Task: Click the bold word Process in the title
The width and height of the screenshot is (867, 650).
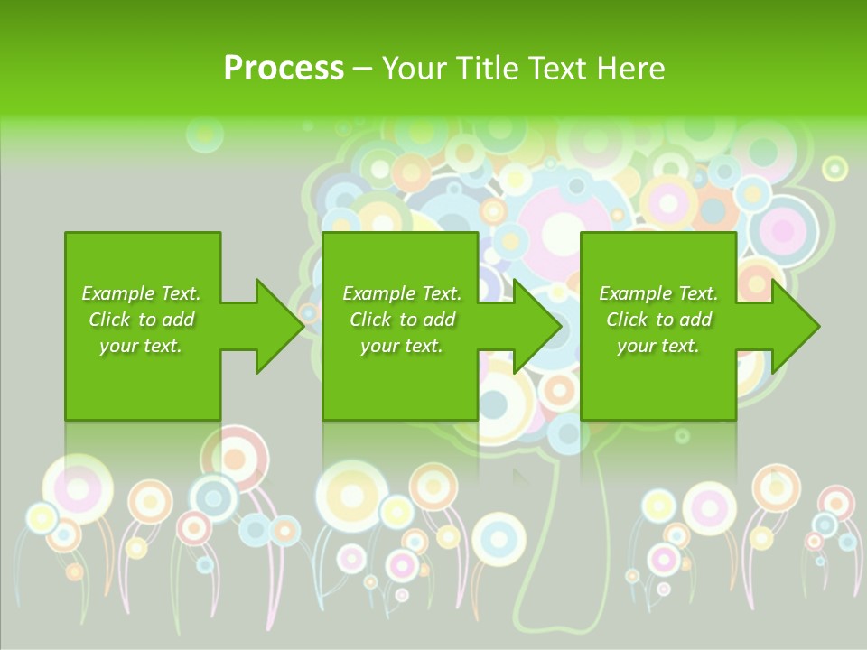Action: (x=284, y=69)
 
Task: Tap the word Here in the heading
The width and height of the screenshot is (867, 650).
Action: (x=631, y=69)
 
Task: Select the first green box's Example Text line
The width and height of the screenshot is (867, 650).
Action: (x=141, y=293)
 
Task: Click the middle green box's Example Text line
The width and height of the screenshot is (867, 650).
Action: (x=402, y=293)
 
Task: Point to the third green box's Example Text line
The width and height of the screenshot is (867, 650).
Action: (x=658, y=293)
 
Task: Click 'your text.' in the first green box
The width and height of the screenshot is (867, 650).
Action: (x=141, y=346)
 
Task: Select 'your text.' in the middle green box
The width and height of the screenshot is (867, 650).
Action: (x=402, y=346)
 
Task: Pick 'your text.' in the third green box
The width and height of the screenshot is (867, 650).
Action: (x=658, y=346)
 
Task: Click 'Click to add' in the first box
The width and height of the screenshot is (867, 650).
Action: (x=141, y=320)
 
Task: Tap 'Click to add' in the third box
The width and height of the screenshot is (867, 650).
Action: (x=658, y=320)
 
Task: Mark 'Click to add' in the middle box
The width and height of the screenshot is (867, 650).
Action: (x=402, y=320)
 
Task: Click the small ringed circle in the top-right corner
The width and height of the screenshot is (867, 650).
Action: (x=835, y=168)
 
